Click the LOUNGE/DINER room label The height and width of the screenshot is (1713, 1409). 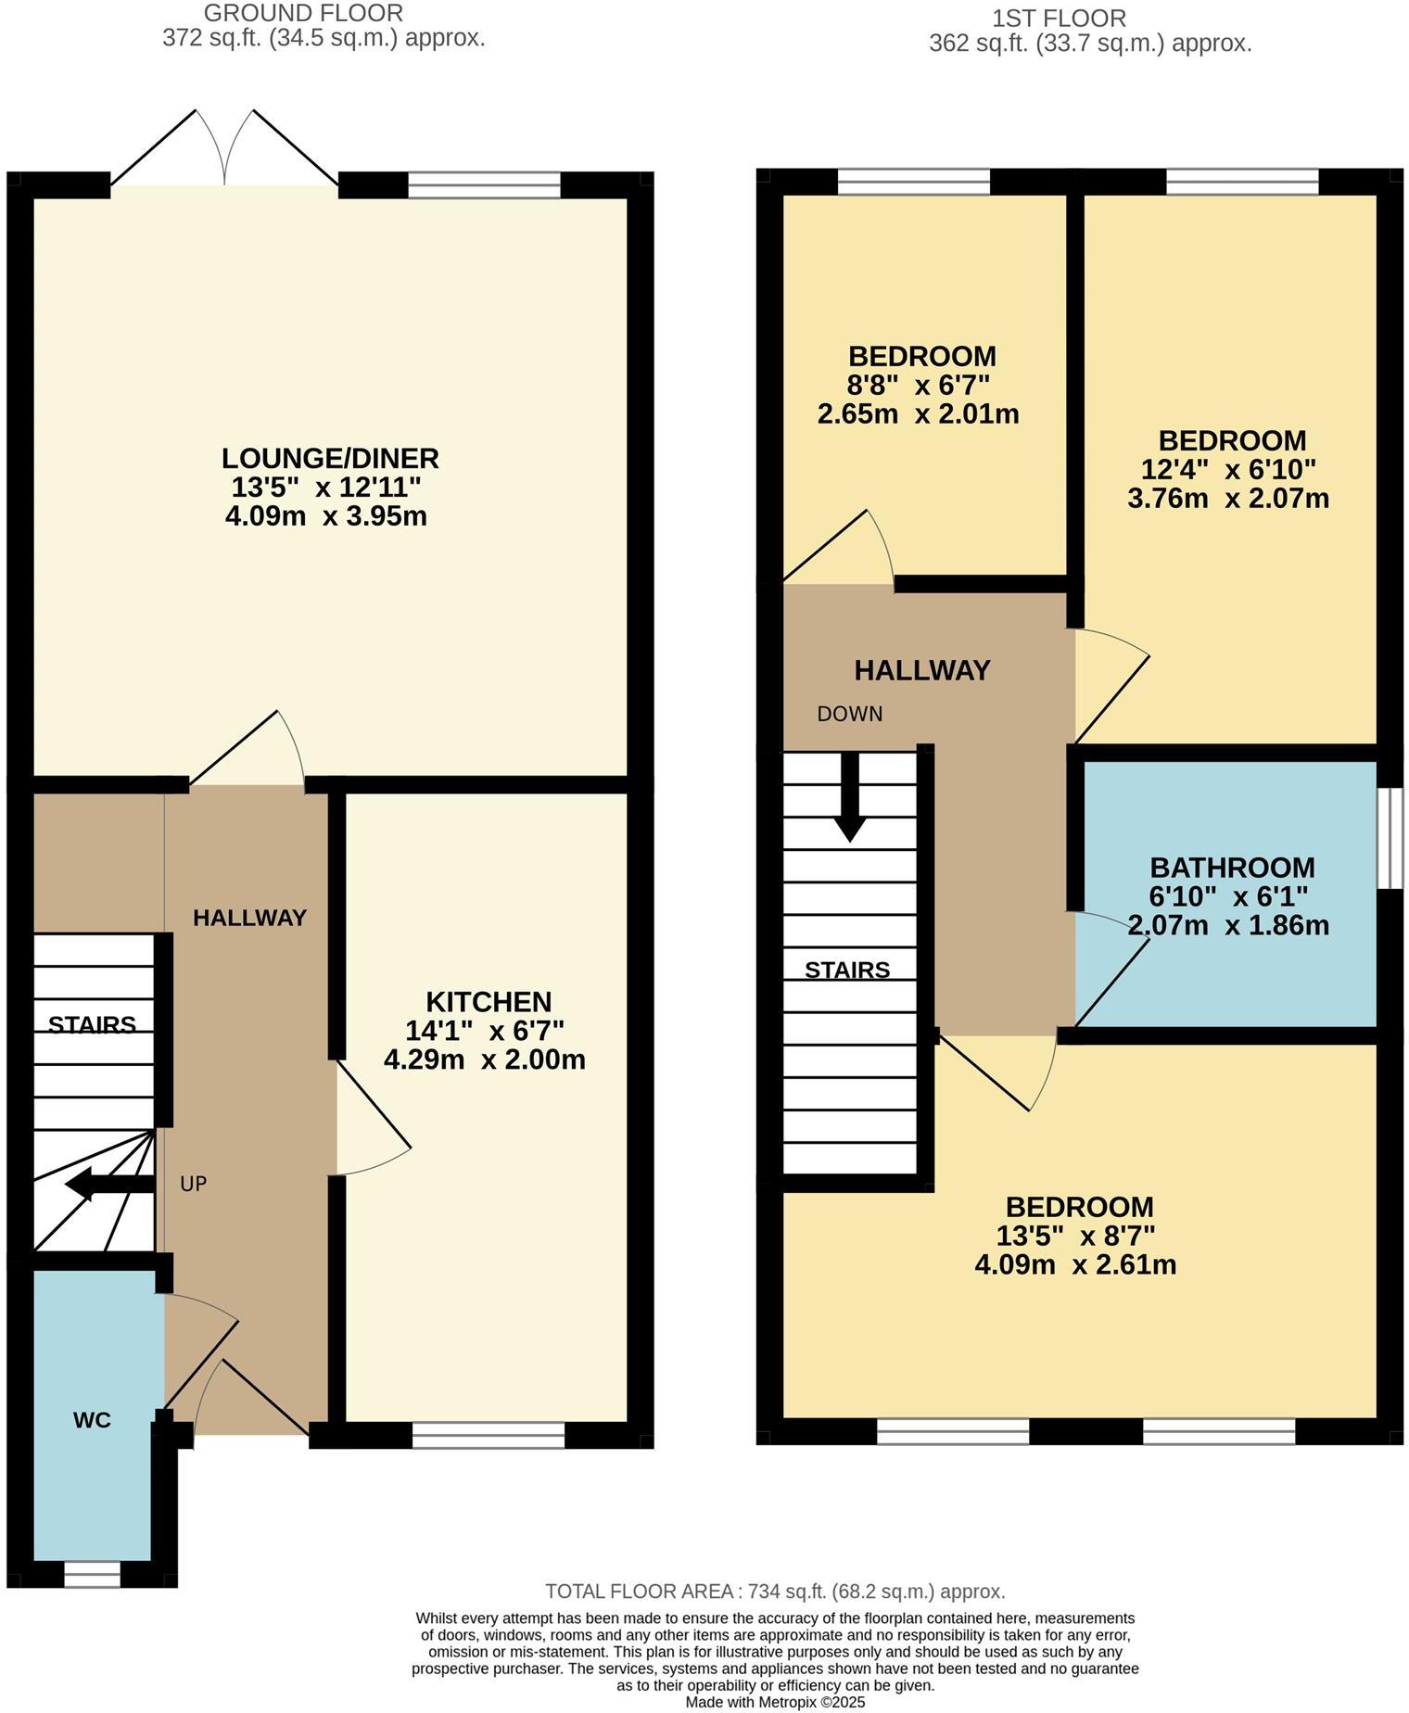coord(330,458)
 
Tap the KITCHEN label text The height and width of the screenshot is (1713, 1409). coord(489,1001)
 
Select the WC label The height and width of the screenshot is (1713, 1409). coord(92,1419)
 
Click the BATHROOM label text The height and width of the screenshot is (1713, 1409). coord(1232,868)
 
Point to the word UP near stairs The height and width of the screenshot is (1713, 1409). coord(193,1184)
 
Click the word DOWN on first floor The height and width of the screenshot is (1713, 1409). coord(849,714)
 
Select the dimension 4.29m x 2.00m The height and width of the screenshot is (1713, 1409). coord(485,1060)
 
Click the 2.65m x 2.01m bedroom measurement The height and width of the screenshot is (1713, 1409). coord(918,413)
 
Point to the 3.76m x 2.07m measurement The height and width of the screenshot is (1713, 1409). coord(1228,499)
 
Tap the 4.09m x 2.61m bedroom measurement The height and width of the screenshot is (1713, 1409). coord(1075,1264)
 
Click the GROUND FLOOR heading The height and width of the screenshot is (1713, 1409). coord(303,13)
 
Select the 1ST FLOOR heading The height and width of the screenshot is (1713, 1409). coord(1059,18)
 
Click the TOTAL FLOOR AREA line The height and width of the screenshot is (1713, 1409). coord(775,1592)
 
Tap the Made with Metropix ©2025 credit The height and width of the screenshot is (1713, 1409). coord(775,1703)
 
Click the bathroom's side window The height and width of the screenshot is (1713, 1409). coord(1390,838)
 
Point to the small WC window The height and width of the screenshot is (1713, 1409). coord(92,1574)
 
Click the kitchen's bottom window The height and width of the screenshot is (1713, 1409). coord(489,1436)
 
